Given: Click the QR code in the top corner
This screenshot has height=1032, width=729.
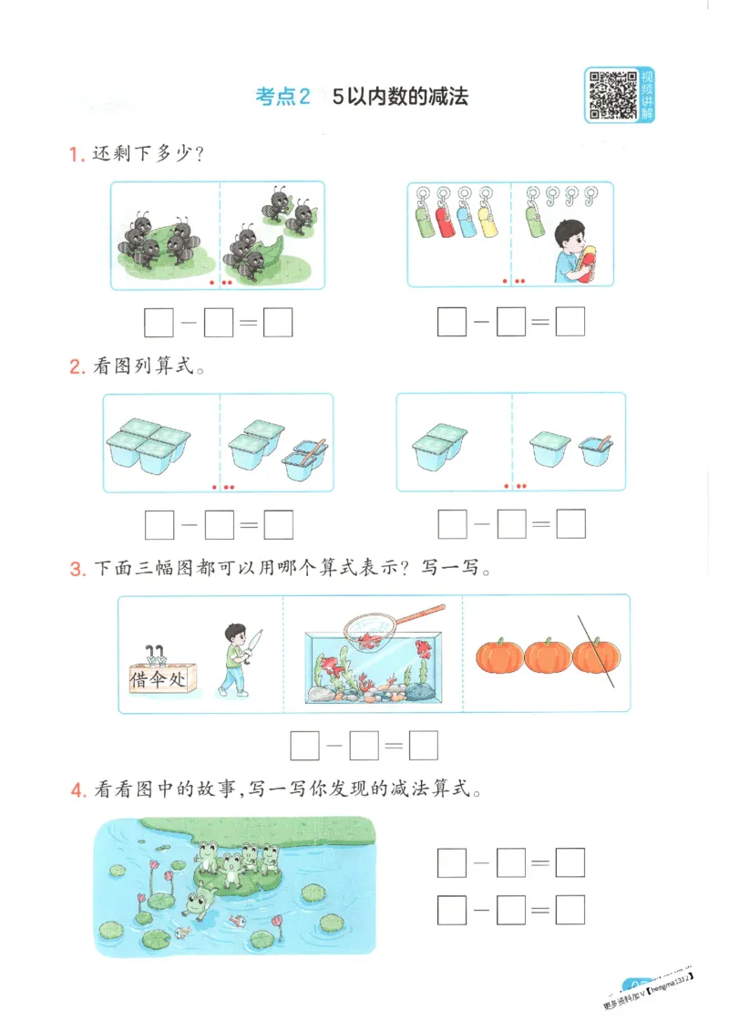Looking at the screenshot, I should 611,95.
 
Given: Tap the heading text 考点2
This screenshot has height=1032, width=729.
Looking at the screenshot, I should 283,97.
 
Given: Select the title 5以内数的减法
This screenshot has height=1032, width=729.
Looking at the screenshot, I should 400,97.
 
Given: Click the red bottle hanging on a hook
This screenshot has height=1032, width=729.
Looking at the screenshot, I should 447,219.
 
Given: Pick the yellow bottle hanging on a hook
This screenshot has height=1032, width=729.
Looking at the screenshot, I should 488,219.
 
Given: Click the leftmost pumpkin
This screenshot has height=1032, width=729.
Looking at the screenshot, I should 499,655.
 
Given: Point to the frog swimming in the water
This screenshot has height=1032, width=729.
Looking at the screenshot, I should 197,903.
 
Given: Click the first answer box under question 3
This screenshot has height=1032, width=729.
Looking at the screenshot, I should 304,746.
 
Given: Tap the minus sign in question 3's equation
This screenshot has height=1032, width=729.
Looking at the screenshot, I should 334,746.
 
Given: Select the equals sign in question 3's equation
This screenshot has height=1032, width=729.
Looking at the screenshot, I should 394,746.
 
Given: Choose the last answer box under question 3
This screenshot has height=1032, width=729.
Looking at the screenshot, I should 424,746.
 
